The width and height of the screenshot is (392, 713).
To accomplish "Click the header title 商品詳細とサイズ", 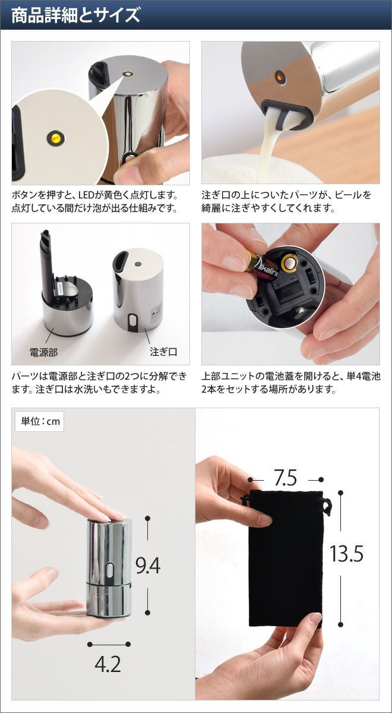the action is pyautogui.click(x=76, y=15).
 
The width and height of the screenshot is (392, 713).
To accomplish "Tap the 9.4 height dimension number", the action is pyautogui.click(x=148, y=565).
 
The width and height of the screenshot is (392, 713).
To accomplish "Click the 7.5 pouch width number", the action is pyautogui.click(x=286, y=478).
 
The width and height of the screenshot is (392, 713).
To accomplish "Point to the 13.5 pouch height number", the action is pyautogui.click(x=346, y=554).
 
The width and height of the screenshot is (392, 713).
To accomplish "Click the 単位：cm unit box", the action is pyautogui.click(x=40, y=421).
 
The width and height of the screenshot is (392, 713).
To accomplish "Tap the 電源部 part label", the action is pyautogui.click(x=43, y=352).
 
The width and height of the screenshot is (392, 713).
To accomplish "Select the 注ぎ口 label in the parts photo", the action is pyautogui.click(x=163, y=352).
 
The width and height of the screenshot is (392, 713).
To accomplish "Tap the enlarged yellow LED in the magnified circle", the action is pyautogui.click(x=56, y=138).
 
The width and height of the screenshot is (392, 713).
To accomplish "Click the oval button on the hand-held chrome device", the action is pyautogui.click(x=110, y=571).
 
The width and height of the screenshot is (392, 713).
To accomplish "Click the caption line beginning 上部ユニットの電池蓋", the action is pyautogui.click(x=291, y=377).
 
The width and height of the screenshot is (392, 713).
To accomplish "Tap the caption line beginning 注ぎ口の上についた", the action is pyautogui.click(x=286, y=194).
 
